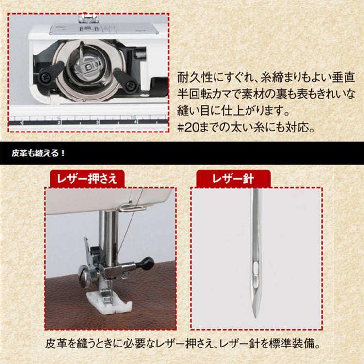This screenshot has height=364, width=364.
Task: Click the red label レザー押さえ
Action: tap(87, 179)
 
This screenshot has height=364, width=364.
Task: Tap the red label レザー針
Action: tap(233, 179)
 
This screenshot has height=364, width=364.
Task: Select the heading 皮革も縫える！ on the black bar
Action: tap(38, 153)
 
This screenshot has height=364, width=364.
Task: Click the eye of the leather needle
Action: tap(255, 267)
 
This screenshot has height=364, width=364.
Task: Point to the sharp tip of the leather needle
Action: tap(255, 317)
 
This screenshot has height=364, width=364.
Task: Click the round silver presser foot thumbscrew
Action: tap(85, 277)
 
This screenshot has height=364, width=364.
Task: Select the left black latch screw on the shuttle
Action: tap(45, 76)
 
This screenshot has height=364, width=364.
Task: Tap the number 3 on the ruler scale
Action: tap(97, 122)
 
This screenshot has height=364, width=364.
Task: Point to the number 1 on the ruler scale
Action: tap(21, 123)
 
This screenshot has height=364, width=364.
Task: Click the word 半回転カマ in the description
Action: tap(207, 94)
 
